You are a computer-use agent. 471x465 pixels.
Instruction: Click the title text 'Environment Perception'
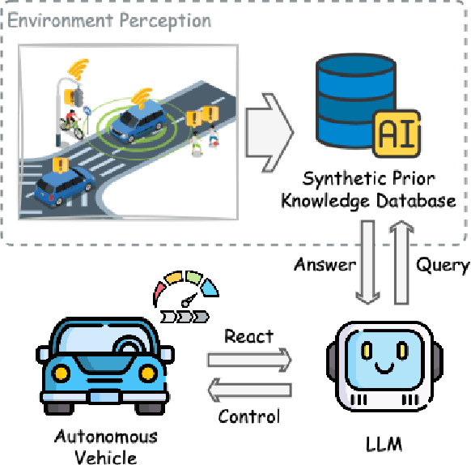coord(109,19)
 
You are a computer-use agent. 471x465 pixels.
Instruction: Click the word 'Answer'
coord(324,265)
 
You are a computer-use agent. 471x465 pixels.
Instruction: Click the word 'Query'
coord(442,265)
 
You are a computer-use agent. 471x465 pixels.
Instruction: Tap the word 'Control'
coord(249,416)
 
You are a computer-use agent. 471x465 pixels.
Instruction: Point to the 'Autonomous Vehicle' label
coord(106,446)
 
